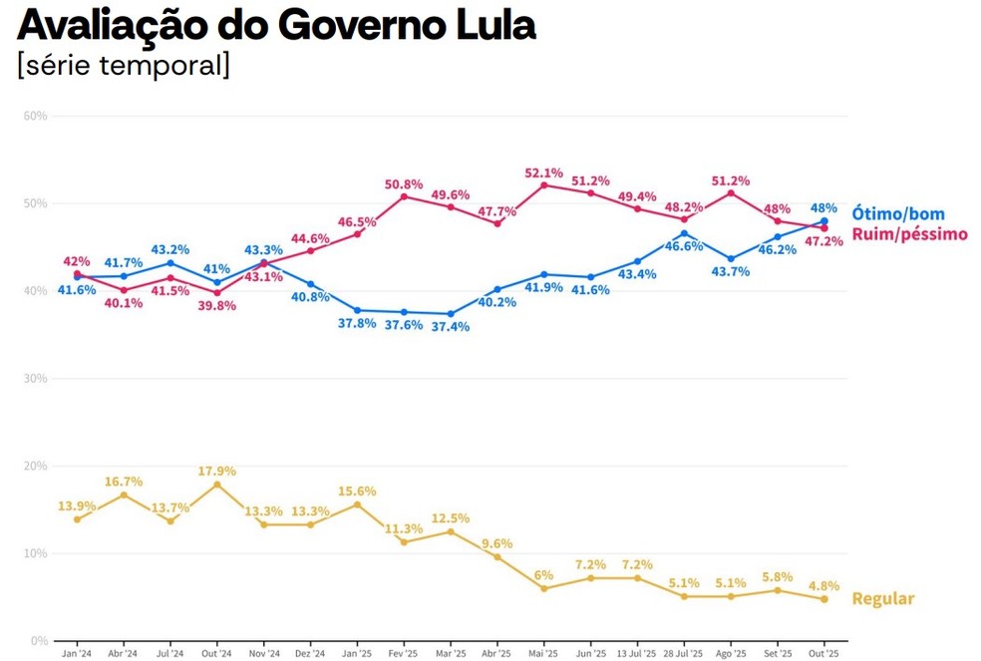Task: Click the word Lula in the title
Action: coord(487,24)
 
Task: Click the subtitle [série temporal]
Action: coord(124,65)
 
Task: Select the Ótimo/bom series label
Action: coord(897,213)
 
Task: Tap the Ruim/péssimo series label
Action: coord(908,234)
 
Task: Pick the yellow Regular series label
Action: coord(882,599)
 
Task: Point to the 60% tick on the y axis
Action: coord(35,117)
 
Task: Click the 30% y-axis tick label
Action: coord(35,379)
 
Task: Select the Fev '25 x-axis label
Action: coord(404,654)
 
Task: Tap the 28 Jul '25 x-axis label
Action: coord(684,654)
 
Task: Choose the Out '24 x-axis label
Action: coord(216,654)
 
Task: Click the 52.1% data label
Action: coord(543,172)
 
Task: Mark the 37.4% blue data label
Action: coord(451,327)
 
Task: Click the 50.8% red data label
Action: coord(404,184)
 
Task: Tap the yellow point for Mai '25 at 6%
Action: coord(543,588)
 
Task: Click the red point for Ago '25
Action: coord(731,192)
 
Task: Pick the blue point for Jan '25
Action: coord(357,310)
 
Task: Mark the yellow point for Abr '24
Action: coord(123,495)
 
